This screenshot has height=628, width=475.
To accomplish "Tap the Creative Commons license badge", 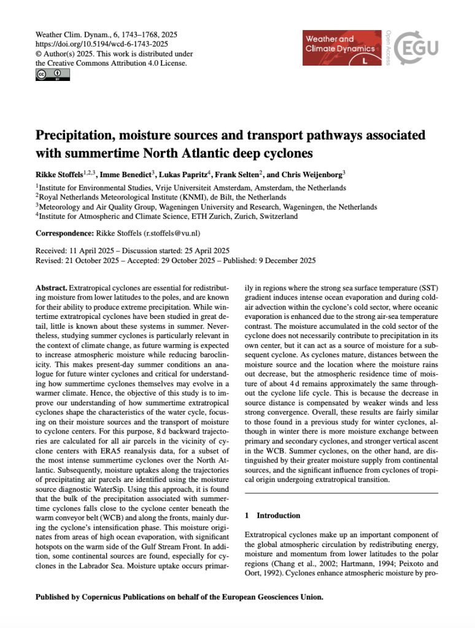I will coord(52,75).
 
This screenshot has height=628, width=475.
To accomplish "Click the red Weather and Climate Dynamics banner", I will coord(339,47).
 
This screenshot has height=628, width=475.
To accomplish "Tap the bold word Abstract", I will coord(51,288).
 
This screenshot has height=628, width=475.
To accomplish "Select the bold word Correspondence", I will coord(63,234).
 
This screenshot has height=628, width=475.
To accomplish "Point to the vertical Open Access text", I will coord(388,47).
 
